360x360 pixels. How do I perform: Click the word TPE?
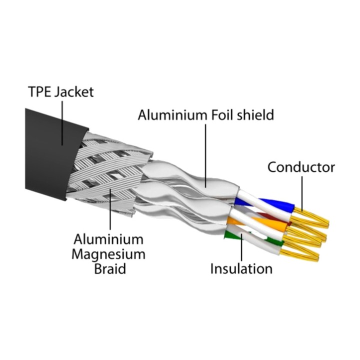(x=40, y=91)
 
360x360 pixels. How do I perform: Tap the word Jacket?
(x=74, y=92)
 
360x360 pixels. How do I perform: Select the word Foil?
(x=222, y=115)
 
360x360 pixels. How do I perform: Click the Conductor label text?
(x=301, y=167)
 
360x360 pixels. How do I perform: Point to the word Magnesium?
(x=108, y=254)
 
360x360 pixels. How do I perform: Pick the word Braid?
(x=110, y=268)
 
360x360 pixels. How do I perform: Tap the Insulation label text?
(x=241, y=268)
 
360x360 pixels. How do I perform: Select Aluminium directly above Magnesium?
(x=108, y=239)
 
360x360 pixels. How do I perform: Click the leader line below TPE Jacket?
(x=62, y=123)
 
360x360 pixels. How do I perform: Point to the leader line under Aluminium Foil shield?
(x=205, y=156)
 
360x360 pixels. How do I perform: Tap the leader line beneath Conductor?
(x=302, y=193)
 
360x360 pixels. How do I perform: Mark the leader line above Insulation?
(x=241, y=247)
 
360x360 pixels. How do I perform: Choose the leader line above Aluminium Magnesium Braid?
(x=110, y=209)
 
